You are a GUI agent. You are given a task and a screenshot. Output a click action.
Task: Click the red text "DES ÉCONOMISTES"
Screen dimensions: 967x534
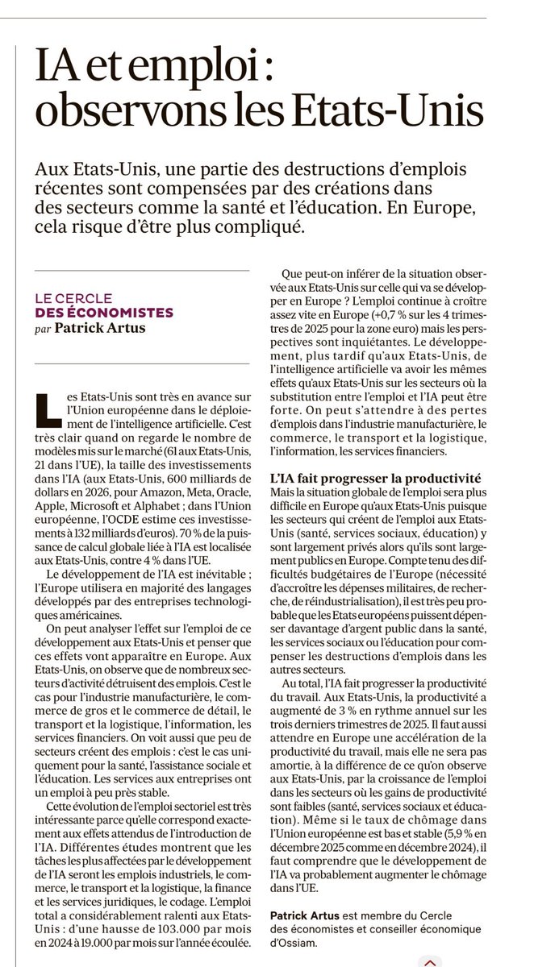coord(104,313)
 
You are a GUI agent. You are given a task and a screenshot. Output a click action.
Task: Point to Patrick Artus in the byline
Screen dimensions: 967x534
coord(102,329)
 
